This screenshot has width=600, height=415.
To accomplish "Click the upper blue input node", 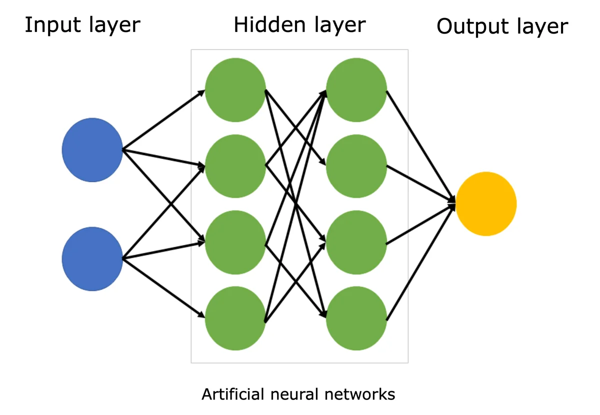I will tap(92, 150).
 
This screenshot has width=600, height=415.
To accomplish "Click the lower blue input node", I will tap(92, 259).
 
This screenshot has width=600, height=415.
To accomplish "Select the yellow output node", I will tap(486, 204).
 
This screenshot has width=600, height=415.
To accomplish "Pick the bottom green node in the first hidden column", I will tap(235, 318).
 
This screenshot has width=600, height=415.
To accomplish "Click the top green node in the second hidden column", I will tap(356, 90).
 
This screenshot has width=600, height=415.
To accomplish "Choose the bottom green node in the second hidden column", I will tap(356, 318).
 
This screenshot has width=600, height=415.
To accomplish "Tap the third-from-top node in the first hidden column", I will tap(235, 242).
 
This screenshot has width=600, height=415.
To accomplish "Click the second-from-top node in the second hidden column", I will tap(356, 166).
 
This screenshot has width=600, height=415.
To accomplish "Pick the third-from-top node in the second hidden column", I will tap(356, 242).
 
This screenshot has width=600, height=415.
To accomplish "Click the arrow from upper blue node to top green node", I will tap(163, 121).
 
